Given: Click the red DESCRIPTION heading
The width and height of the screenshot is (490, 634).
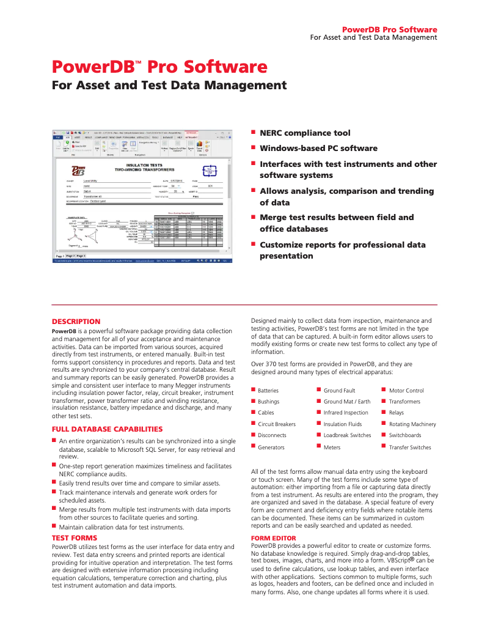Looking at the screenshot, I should point(76,322).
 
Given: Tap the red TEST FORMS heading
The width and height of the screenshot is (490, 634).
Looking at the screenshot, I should point(74,537).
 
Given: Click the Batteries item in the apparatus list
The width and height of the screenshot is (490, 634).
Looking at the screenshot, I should point(268,391).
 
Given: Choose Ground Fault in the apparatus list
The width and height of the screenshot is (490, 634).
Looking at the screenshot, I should point(339,391).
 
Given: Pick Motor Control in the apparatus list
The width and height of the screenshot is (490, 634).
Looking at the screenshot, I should point(406,391).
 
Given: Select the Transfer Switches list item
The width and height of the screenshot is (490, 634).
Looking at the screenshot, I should point(409,448).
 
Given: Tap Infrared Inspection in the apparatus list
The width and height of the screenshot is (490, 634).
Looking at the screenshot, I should point(346,413).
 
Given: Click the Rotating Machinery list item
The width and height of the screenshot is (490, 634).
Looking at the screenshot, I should point(412,424).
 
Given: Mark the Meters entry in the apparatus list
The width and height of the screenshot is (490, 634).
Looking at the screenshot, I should point(332,448).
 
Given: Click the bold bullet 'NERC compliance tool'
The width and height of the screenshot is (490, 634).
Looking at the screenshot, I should point(305,133).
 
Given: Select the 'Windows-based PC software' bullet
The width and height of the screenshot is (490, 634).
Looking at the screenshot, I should point(318,148).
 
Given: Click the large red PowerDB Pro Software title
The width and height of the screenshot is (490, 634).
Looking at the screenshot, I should point(159,67).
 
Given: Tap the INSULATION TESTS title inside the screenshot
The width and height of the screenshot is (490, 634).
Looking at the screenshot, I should point(144,166).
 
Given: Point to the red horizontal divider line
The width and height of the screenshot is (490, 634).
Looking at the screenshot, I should point(244,304).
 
